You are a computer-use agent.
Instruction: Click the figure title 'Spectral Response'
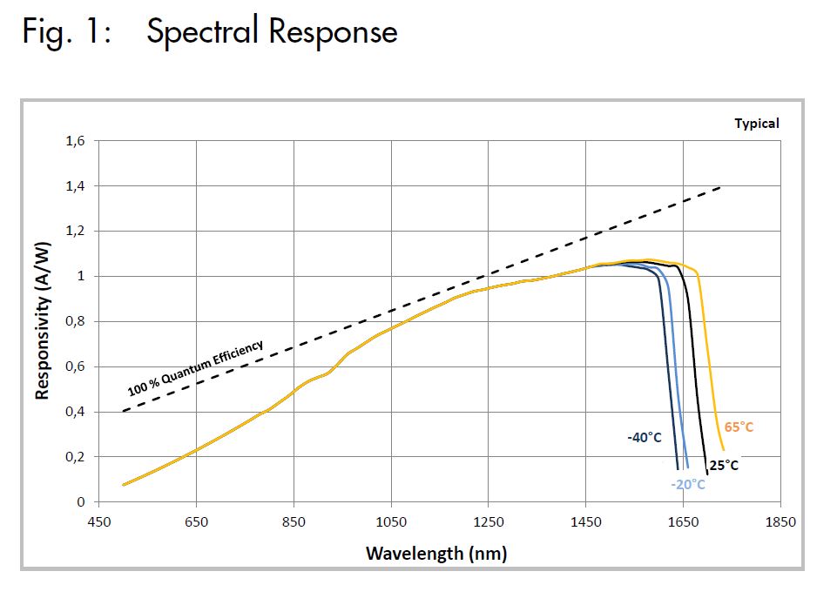tap(272, 32)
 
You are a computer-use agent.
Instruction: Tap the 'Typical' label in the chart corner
tap(756, 124)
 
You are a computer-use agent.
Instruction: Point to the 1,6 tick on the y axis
tap(77, 141)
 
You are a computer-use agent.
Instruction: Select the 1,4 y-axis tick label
tap(77, 186)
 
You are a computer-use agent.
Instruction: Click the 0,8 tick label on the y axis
tap(77, 321)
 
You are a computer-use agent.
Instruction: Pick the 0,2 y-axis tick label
tap(77, 457)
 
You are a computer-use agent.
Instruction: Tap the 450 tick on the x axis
tap(99, 522)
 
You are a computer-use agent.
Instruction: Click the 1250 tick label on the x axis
tap(489, 522)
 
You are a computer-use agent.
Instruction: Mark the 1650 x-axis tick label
tap(683, 522)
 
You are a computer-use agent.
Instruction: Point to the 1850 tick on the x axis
tap(780, 522)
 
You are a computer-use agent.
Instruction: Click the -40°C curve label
tap(645, 438)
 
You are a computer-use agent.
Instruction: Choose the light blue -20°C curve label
tap(688, 485)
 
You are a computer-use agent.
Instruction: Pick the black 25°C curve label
tap(723, 466)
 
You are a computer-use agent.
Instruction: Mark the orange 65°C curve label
tap(739, 427)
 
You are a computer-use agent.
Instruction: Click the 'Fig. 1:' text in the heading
tap(64, 32)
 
